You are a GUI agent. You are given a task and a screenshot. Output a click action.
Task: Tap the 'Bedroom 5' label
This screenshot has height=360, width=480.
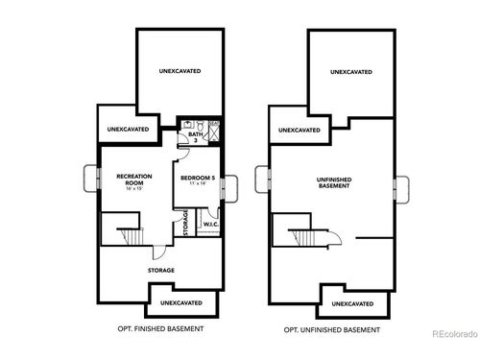pyautogui.click(x=199, y=177)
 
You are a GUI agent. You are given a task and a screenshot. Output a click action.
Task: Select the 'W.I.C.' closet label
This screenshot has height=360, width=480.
pyautogui.click(x=209, y=225)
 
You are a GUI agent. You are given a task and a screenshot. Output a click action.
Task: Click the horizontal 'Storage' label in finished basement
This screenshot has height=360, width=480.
pyautogui.click(x=160, y=271)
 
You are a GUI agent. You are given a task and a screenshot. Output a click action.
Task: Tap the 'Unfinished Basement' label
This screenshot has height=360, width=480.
pyautogui.click(x=333, y=181)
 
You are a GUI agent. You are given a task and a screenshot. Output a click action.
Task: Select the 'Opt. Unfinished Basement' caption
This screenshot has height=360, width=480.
pyautogui.click(x=332, y=329)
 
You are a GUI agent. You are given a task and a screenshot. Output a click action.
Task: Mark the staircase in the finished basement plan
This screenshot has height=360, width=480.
pyautogui.click(x=125, y=235)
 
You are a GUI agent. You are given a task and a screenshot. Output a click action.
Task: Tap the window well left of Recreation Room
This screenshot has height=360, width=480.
pyautogui.click(x=91, y=179)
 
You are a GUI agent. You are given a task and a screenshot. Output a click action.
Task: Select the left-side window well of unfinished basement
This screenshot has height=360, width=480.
pyautogui.click(x=263, y=179)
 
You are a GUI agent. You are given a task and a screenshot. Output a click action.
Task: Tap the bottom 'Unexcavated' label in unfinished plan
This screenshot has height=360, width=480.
pyautogui.click(x=352, y=303)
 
